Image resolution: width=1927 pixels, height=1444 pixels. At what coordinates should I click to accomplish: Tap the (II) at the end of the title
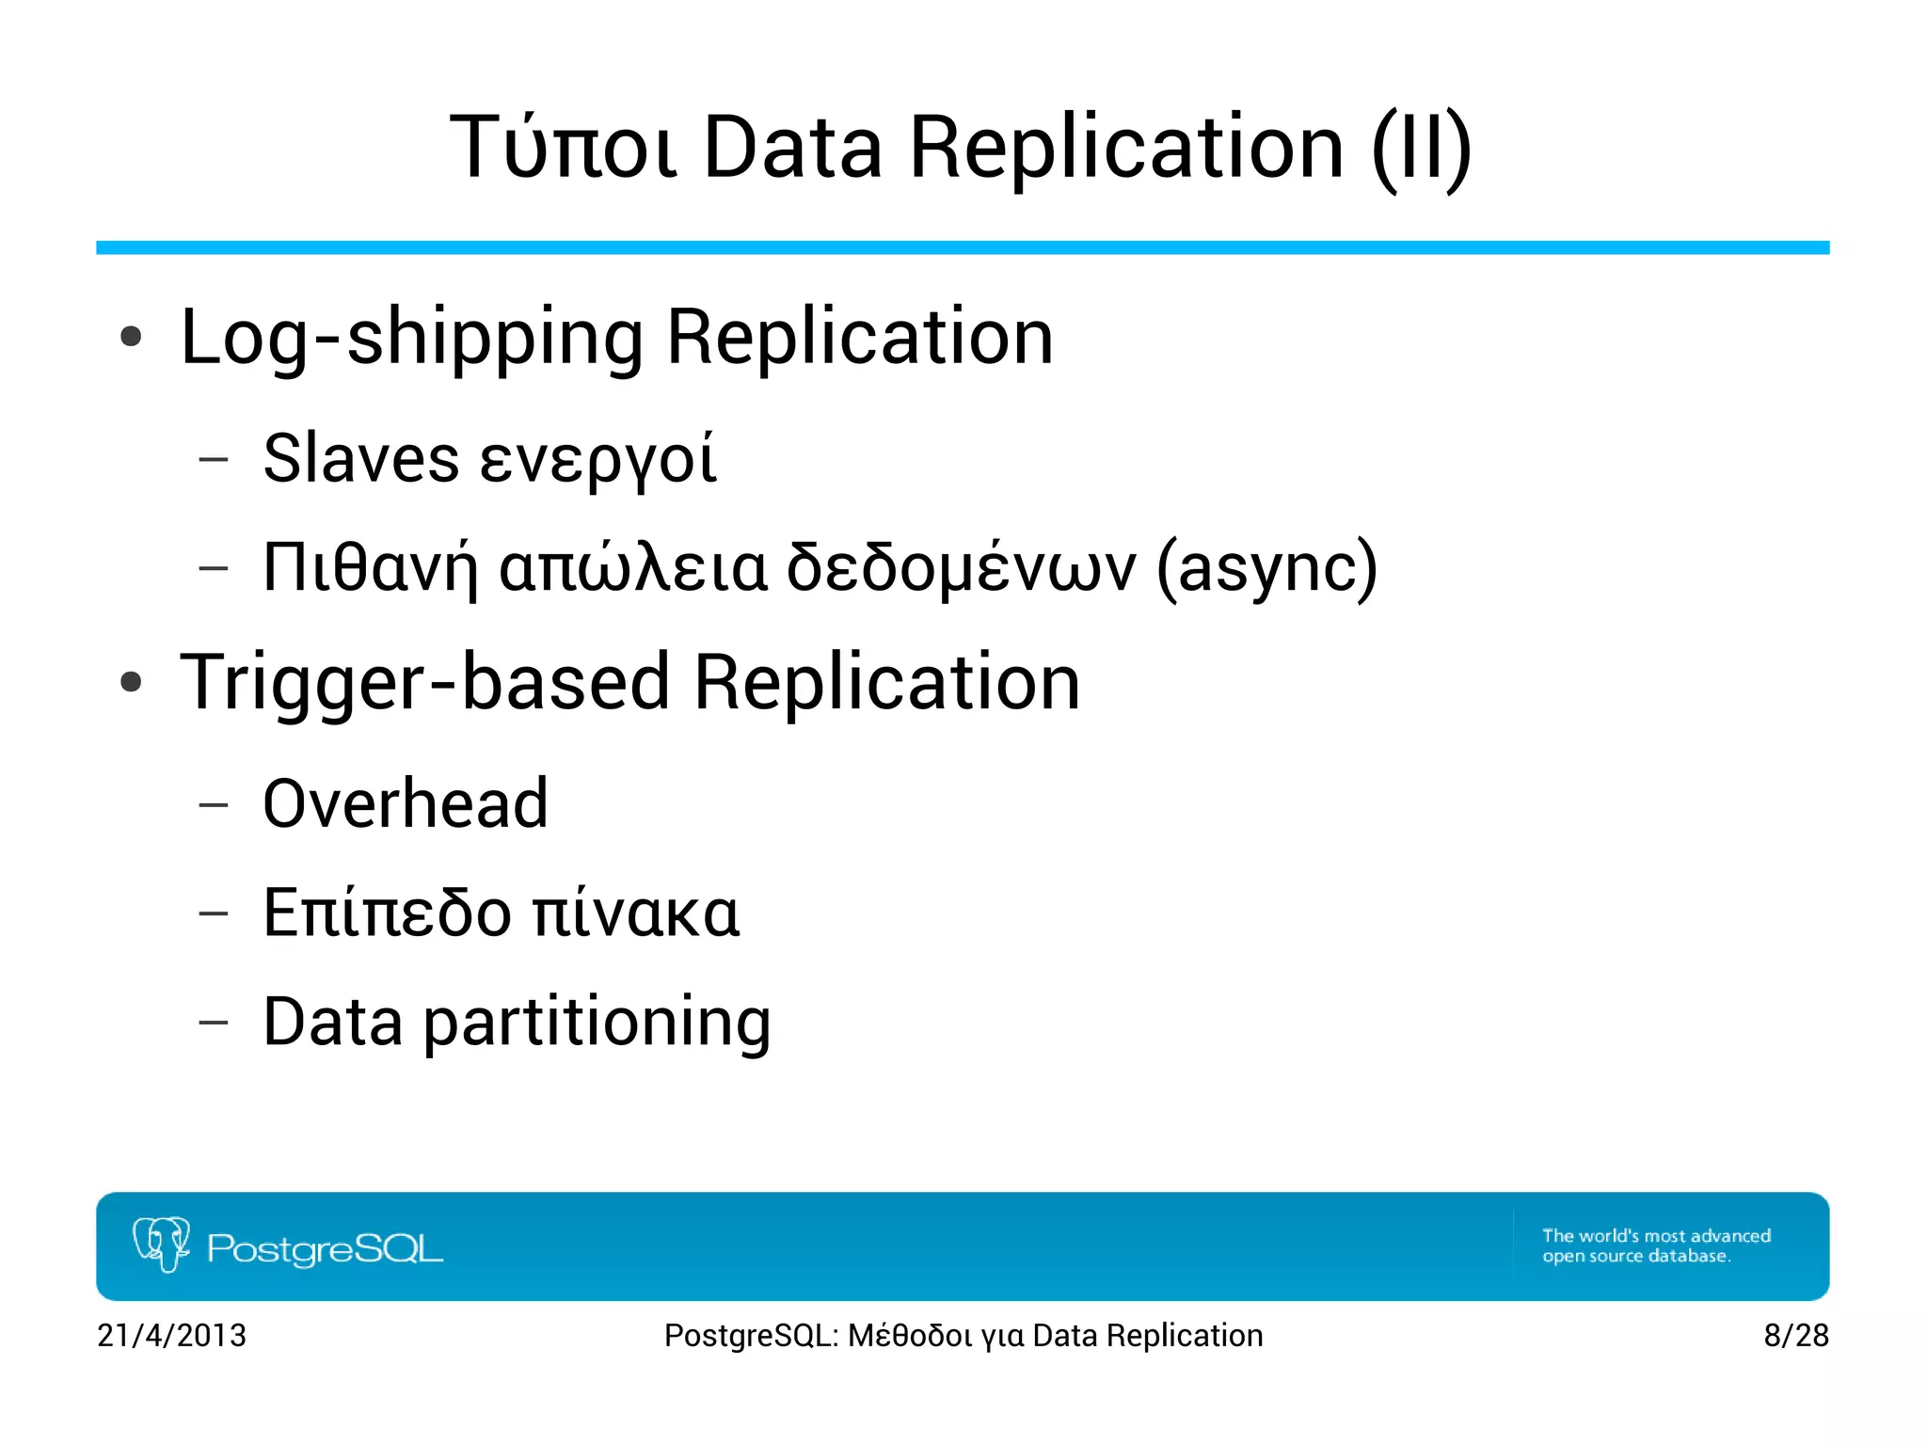1421,148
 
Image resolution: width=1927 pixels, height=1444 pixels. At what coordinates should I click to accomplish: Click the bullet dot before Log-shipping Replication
132,337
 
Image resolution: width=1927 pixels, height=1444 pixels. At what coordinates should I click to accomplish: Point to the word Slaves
361,459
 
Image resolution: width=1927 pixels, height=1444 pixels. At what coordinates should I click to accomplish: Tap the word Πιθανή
370,569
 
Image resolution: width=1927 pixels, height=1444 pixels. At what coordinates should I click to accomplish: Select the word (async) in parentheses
1266,569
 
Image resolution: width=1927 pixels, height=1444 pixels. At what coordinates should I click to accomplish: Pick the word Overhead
406,804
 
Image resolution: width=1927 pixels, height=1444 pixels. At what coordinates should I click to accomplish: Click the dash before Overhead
214,805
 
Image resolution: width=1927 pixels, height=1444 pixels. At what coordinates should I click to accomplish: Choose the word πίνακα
636,914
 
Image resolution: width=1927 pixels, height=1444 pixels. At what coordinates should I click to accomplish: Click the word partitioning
597,1023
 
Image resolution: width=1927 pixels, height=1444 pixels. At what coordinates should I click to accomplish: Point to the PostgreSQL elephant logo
161,1244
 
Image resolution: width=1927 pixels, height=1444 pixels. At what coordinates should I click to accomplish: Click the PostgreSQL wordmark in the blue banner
325,1248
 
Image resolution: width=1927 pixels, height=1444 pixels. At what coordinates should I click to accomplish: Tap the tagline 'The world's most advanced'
1656,1235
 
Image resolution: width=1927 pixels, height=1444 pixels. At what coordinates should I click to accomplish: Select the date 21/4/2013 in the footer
171,1335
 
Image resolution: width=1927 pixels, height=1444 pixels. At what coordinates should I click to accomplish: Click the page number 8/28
1795,1335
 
